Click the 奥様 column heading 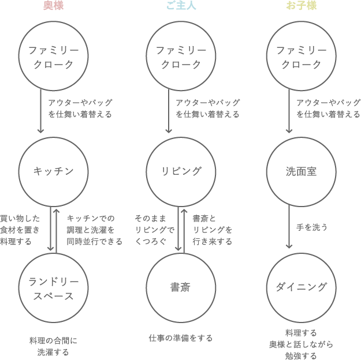tap(53, 6)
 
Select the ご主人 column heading tap(181, 6)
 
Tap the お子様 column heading tap(302, 6)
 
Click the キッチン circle tap(53, 171)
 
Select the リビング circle tap(181, 171)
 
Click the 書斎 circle tap(181, 287)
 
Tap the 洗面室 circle tap(302, 171)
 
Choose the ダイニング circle tap(302, 287)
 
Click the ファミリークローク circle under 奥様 tap(53, 57)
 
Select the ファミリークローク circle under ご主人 tap(181, 57)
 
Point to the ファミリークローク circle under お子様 tap(302, 57)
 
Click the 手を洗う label tap(312, 227)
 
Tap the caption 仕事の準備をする tap(180, 338)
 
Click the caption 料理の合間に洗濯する tap(53, 346)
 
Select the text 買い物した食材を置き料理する tap(20, 230)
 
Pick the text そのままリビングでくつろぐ tap(154, 230)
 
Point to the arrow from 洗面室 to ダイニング tap(289, 227)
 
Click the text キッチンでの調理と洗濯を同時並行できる tap(94, 230)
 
